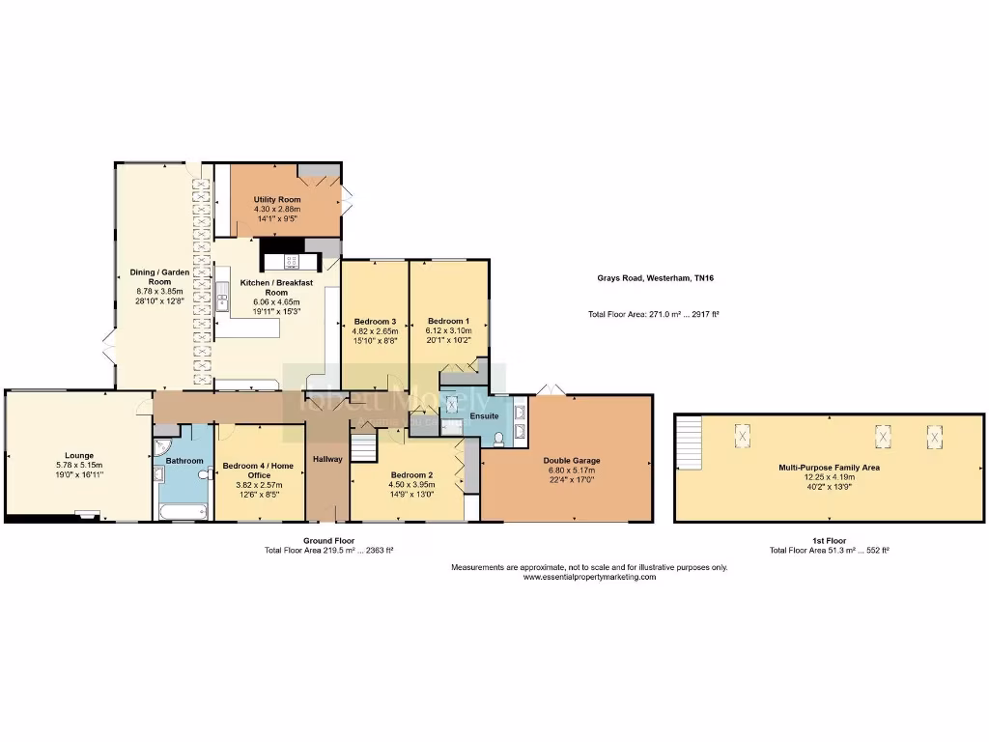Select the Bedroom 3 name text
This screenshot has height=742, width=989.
375,321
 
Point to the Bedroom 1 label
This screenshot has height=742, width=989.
448,321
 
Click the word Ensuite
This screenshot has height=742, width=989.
484,415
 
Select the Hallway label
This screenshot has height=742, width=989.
327,458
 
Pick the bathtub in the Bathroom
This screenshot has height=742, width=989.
182,509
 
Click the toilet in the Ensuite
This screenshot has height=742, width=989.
498,439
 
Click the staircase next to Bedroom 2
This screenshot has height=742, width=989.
364,447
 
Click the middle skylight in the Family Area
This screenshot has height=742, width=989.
883,436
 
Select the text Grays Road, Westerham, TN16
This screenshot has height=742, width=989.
655,278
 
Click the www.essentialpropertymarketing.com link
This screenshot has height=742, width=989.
589,577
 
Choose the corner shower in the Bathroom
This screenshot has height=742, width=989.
161,448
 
